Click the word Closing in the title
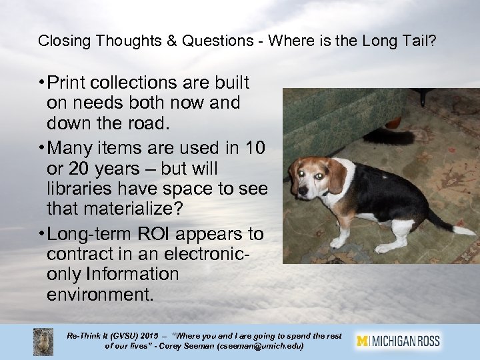pos(61,41)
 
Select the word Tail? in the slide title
pos(420,41)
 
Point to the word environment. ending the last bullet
pos(100,294)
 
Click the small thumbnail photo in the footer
pos(43,341)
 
